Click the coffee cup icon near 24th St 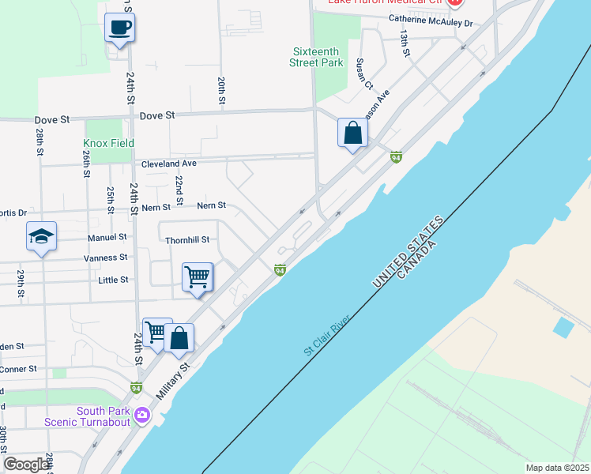click(119, 28)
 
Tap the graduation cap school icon click(41, 236)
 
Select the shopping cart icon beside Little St click(197, 277)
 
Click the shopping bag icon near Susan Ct click(352, 132)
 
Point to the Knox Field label click(108, 143)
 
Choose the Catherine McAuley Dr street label click(430, 23)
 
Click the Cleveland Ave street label click(168, 164)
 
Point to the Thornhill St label click(186, 239)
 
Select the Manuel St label click(107, 237)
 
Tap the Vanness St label click(106, 258)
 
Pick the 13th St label click(404, 43)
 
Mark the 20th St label click(222, 91)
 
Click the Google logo click(26, 465)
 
